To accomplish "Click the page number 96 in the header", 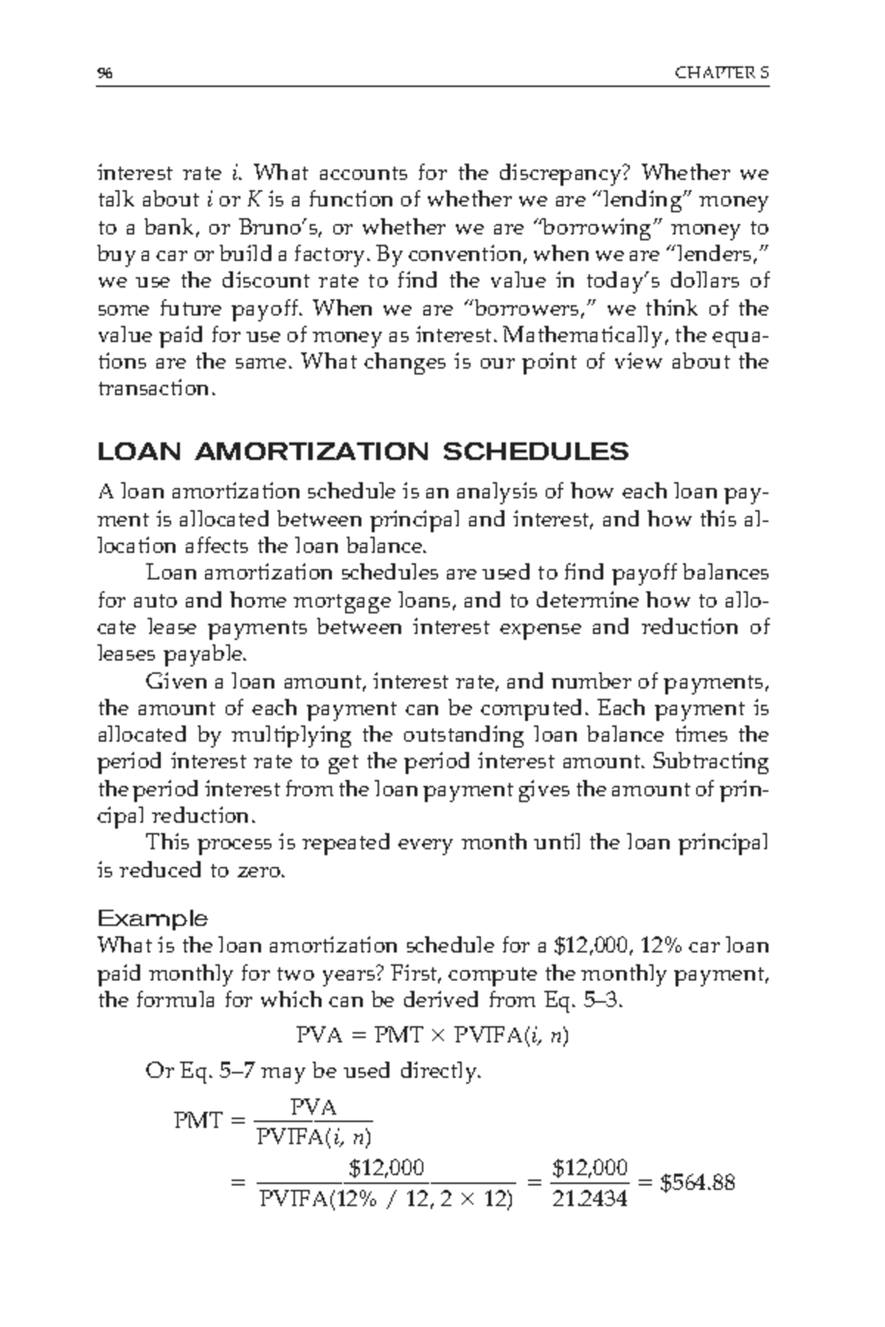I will [103, 73].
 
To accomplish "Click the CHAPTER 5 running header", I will [722, 73].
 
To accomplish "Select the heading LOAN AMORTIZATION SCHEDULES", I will [363, 451].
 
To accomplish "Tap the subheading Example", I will [153, 919].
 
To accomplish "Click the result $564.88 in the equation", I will [696, 1183].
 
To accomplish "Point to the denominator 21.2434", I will [589, 1199].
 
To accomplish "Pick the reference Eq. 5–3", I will [590, 1000].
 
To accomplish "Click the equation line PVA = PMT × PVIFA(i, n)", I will [431, 1036].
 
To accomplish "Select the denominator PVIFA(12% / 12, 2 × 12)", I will [386, 1200].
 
